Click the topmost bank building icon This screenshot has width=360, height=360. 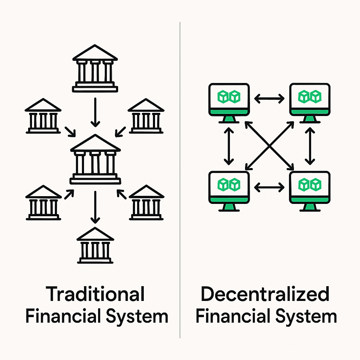click(x=95, y=69)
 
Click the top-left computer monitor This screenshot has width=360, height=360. click(x=229, y=100)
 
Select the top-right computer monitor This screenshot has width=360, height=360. click(x=310, y=100)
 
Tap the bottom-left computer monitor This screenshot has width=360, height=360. click(x=229, y=188)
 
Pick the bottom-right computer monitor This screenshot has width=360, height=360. click(x=310, y=188)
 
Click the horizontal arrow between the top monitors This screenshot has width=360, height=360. click(x=269, y=99)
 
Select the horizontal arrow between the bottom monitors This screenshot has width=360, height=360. click(x=269, y=187)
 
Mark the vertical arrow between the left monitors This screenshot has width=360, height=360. click(x=229, y=146)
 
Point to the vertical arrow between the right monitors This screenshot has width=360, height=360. click(x=310, y=146)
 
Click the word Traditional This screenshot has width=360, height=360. click(x=96, y=295)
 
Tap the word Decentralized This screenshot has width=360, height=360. click(x=265, y=295)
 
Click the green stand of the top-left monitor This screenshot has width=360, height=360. click(x=229, y=120)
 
